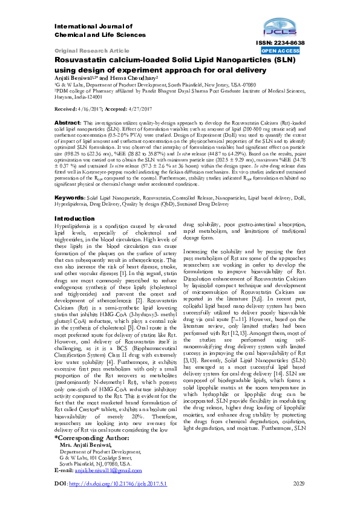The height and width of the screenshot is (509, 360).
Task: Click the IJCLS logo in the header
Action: [x=278, y=27]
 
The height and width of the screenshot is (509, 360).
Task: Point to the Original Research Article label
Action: [x=92, y=51]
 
